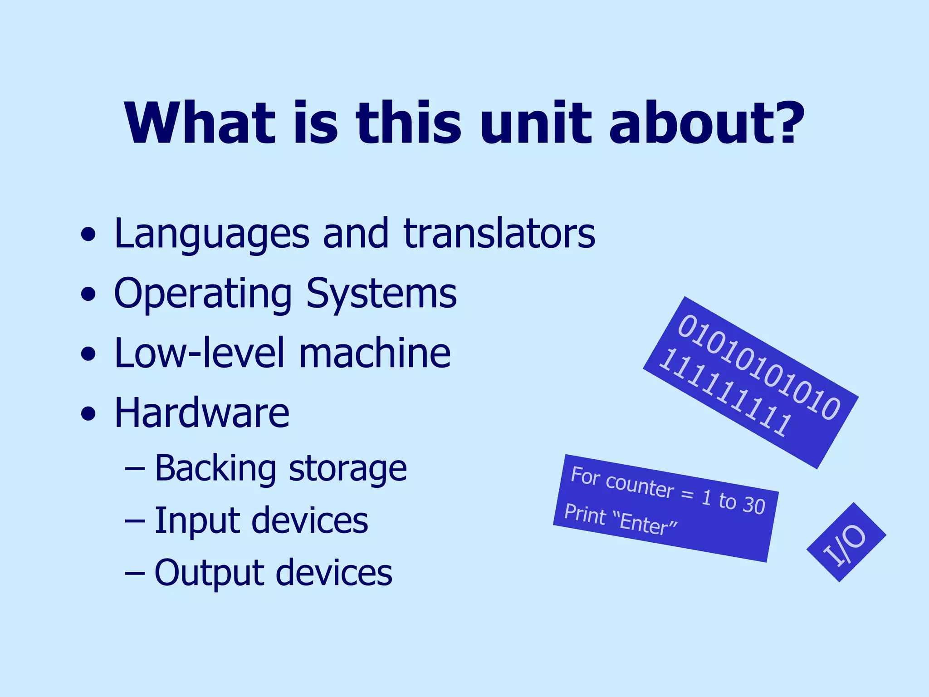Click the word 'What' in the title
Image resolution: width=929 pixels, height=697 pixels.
coord(200,123)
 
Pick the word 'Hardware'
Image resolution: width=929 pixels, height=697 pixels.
coord(202,413)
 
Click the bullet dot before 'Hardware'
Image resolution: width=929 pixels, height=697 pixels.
coord(88,414)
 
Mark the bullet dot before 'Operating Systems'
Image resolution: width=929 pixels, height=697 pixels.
coord(88,295)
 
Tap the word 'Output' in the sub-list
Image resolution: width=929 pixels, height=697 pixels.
coord(208,573)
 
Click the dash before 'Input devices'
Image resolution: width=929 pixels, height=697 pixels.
coord(135,521)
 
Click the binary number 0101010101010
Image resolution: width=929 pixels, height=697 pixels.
coord(758,367)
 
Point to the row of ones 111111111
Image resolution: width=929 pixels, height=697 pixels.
coord(725,393)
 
